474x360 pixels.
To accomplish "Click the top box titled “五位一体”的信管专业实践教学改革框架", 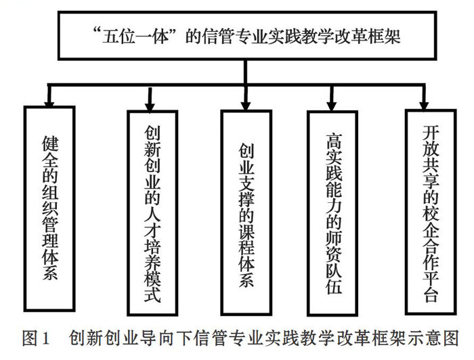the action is [247, 36].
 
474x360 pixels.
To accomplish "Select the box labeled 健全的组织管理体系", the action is [49, 208].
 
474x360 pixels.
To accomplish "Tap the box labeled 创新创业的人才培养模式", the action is [152, 213].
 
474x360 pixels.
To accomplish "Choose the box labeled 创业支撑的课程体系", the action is [246, 212].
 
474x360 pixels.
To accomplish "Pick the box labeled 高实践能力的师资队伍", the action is [332, 213].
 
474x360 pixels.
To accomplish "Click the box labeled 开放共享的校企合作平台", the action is [431, 212].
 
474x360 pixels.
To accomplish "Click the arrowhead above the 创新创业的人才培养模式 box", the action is [150, 108].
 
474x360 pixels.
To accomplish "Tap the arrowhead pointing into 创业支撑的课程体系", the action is [246, 106].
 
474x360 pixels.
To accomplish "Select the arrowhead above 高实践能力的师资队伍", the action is [332, 107].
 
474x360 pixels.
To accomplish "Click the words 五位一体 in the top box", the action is [135, 37].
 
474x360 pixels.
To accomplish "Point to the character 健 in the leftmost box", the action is [50, 143].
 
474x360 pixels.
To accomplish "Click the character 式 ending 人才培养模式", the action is [152, 294].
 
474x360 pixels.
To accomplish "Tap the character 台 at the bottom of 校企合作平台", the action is [431, 294].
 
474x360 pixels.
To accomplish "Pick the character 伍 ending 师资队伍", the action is [334, 286].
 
